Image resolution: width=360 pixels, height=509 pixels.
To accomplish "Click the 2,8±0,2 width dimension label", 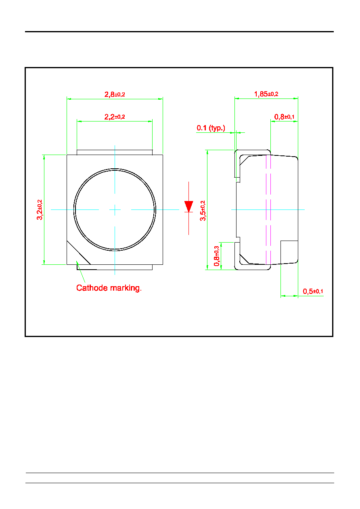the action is coord(115,94).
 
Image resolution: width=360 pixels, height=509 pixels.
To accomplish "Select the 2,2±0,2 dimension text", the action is coord(115,117).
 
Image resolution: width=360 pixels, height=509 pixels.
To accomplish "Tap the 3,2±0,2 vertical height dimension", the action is coord(40,210).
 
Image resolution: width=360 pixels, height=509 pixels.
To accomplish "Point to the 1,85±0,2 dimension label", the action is coord(266,94).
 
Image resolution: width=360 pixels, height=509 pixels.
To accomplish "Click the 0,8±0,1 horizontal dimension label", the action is coord(284,117).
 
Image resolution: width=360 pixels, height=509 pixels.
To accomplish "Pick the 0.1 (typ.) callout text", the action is coord(211,128).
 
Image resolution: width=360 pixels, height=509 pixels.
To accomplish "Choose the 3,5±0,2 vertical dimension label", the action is coord(203,211).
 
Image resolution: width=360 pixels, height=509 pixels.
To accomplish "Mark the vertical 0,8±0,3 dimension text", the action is coord(217,256).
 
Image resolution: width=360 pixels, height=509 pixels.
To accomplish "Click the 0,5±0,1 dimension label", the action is coord(313,291).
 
